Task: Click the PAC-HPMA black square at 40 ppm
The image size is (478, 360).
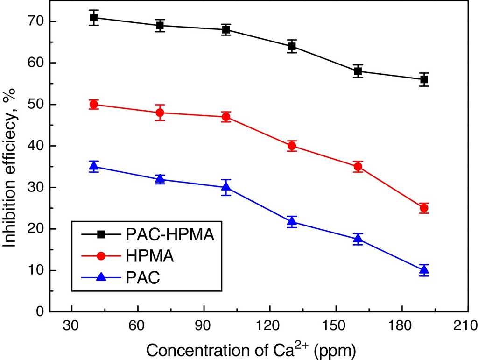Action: pos(94,18)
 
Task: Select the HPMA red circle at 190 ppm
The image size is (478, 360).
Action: pos(424,208)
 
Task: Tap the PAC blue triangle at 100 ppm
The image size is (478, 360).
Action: pos(226,187)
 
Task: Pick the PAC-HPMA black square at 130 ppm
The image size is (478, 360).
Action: pos(292,46)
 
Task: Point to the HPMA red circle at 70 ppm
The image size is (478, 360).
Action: pos(160,113)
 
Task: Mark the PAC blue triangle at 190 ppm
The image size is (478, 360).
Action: pos(424,269)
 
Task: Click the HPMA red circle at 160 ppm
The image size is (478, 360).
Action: pos(358,167)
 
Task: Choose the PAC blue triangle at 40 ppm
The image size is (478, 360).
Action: pos(94,166)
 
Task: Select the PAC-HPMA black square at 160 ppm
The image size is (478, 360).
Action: pos(358,71)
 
